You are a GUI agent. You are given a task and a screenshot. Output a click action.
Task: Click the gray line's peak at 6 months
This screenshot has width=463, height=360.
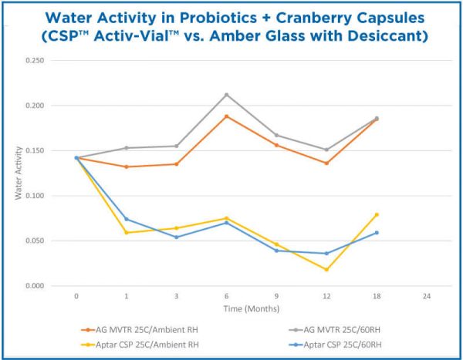[226, 95]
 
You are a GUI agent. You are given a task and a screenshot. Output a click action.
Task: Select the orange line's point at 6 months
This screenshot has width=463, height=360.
[226, 116]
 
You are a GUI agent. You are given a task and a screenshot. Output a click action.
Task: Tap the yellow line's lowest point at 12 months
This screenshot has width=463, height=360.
[326, 270]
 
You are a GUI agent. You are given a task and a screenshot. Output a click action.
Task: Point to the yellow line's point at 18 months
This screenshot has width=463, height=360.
[377, 214]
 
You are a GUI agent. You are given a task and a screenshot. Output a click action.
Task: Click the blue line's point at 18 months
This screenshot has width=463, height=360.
[377, 233]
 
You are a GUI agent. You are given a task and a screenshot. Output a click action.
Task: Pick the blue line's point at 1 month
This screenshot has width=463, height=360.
[127, 219]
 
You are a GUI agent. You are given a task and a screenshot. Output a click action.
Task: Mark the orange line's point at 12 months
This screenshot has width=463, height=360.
[326, 163]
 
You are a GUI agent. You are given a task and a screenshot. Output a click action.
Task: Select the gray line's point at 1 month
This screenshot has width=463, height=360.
[127, 148]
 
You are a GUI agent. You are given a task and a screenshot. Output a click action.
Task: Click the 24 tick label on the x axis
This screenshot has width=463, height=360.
[427, 296]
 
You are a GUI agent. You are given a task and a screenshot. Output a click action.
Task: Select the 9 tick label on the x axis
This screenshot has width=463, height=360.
[276, 296]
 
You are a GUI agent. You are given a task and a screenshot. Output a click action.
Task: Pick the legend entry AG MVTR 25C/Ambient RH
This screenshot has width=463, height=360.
[147, 328]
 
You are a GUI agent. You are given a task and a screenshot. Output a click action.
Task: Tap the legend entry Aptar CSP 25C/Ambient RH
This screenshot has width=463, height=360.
[147, 342]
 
